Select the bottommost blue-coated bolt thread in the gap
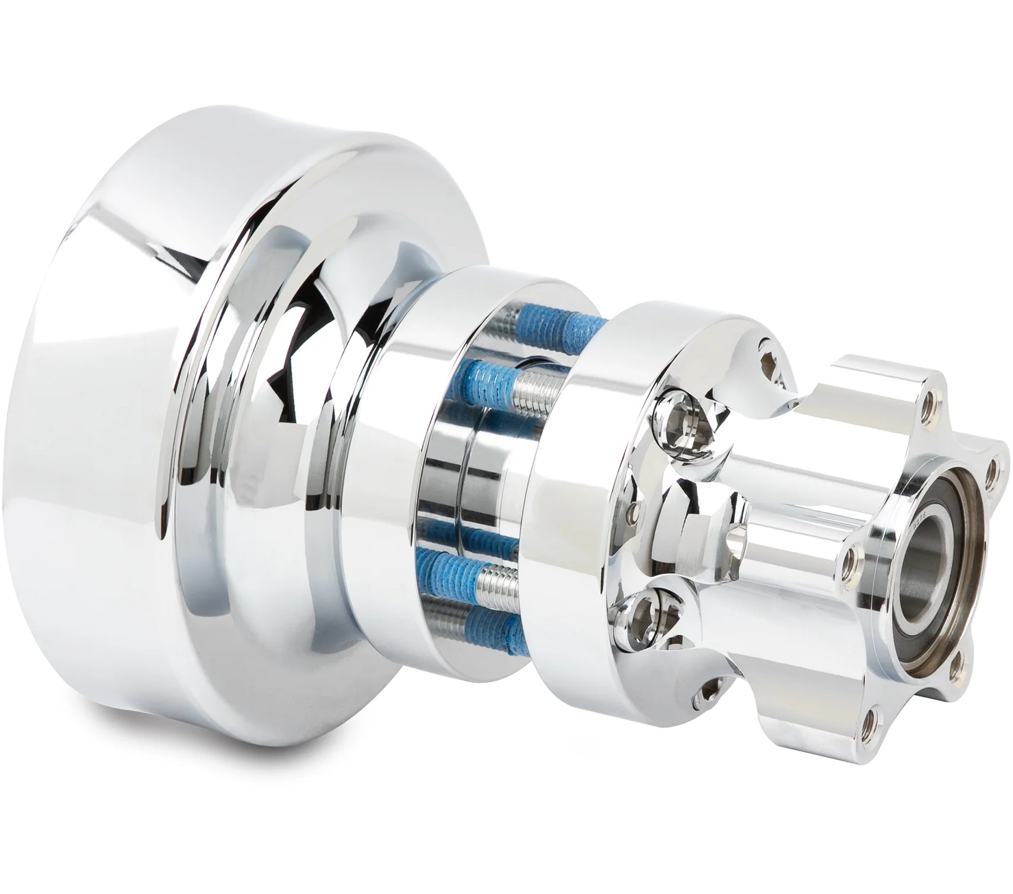point(477,620)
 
